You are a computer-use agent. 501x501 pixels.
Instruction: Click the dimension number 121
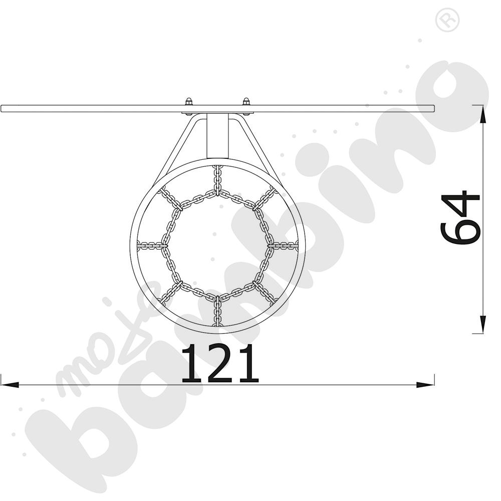coord(220,364)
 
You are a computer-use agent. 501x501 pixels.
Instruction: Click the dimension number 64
coord(460,218)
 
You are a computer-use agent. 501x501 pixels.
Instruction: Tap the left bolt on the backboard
coord(188,101)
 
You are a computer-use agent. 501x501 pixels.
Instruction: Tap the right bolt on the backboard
coord(246,101)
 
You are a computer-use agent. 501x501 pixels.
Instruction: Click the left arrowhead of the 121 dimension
coord(10,384)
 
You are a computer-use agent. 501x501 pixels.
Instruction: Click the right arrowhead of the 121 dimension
coord(425,384)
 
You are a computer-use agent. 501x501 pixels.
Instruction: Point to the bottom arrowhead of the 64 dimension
coord(483,324)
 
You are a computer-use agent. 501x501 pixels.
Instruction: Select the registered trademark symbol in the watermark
coord(447,20)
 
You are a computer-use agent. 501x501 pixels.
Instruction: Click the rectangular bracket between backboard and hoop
coord(217,136)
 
